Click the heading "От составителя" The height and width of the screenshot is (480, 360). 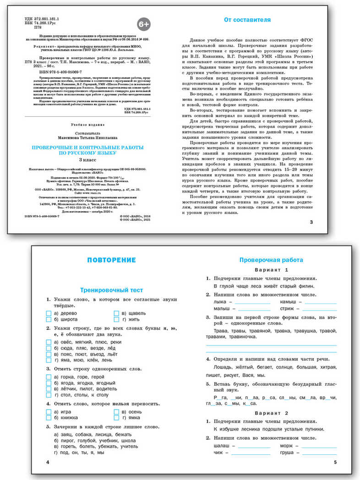tap(247, 20)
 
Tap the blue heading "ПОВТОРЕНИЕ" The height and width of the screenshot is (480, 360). tap(111, 260)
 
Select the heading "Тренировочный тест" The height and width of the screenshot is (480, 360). tap(111, 290)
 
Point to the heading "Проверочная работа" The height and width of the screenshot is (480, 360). tap(271, 260)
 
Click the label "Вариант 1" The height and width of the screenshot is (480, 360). tap(272, 270)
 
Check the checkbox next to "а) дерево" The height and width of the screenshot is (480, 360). tap(49, 313)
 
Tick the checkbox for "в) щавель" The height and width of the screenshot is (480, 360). tap(116, 313)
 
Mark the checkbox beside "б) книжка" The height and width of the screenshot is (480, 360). tap(49, 418)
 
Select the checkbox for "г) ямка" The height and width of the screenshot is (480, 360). tap(116, 418)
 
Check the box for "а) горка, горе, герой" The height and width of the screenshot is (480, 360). tap(49, 377)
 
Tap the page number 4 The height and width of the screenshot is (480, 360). tap(48, 462)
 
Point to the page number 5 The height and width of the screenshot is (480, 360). tap(335, 462)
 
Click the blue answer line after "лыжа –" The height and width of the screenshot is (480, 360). tap(251, 303)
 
